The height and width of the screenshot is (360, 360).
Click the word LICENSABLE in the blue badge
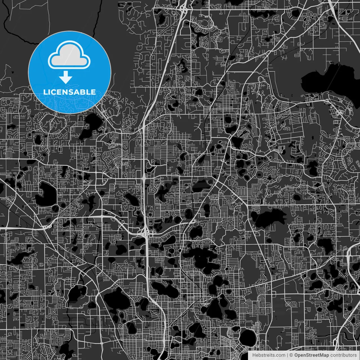point(69,92)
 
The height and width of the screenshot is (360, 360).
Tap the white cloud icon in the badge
point(69,55)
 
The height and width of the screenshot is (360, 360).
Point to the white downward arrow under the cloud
point(66,77)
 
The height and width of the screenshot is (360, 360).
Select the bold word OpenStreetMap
point(311,355)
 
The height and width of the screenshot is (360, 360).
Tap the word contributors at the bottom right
point(343,355)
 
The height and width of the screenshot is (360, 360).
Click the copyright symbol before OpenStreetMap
point(291,355)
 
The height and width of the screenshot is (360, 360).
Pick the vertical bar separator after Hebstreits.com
point(287,355)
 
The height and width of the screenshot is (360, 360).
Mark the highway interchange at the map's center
point(146,232)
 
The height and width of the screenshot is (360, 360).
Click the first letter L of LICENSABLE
point(45,92)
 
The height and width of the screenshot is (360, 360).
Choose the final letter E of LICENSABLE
point(93,92)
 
